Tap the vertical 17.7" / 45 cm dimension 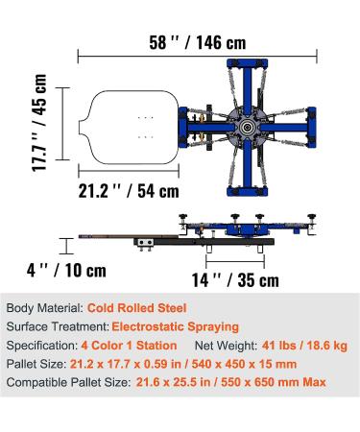click(x=39, y=122)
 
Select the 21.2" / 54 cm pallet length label click(x=125, y=187)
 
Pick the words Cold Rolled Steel click(x=137, y=309)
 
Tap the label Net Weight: click(x=227, y=345)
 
